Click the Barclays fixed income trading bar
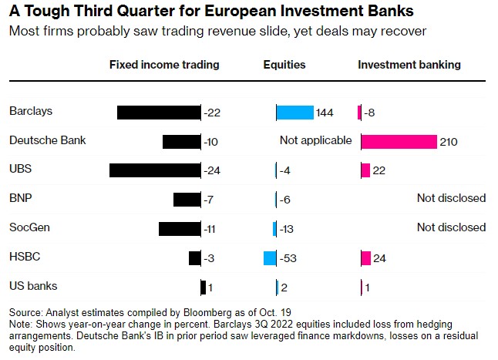tap(159, 113)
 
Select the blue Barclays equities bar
tap(295, 113)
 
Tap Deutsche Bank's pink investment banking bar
tap(398, 141)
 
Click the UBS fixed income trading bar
tap(155, 170)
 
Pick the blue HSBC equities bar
tap(270, 258)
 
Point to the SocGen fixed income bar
tap(180, 229)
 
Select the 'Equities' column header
tap(284, 65)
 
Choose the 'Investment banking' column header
tap(409, 65)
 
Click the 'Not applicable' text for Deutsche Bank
tap(315, 140)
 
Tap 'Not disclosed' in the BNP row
tap(451, 198)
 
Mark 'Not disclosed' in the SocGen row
tap(451, 227)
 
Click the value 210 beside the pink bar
tap(449, 142)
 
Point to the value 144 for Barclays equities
tap(325, 113)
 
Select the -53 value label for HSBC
tap(288, 258)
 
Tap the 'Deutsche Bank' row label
tap(48, 140)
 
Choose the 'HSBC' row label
tap(24, 257)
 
